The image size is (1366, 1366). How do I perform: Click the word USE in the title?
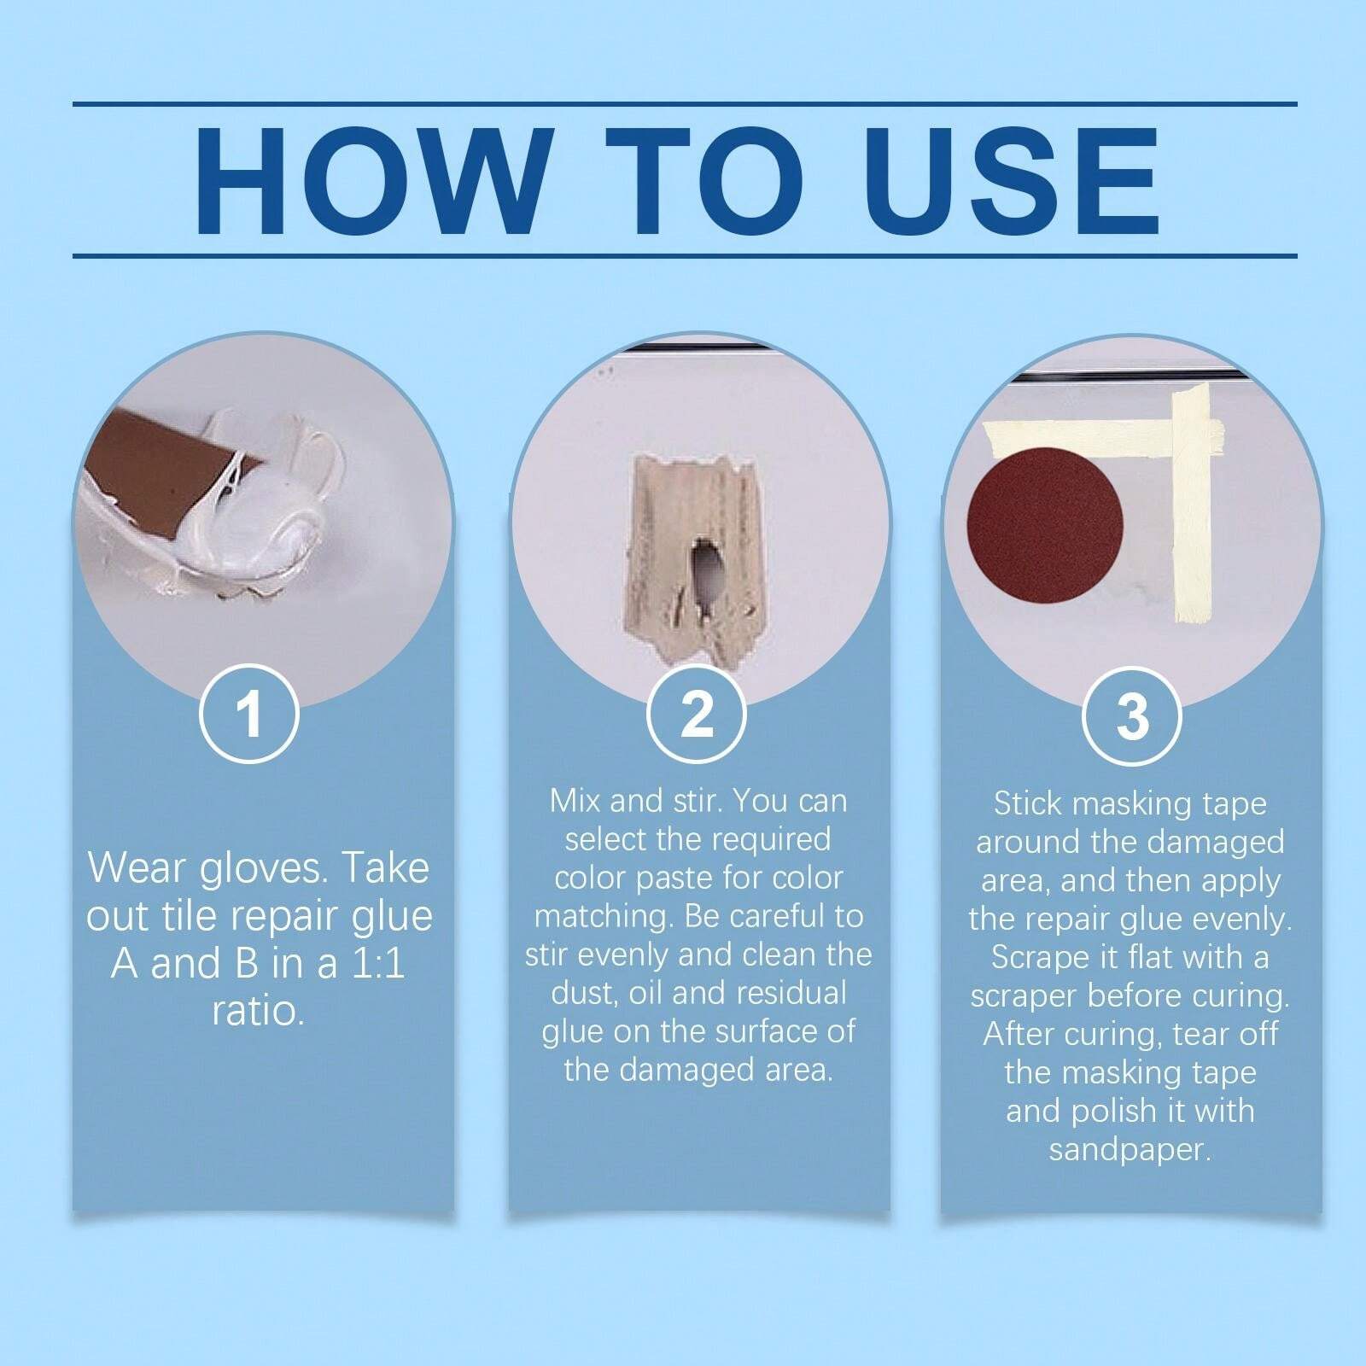coord(1016,181)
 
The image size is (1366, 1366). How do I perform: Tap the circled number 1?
coord(248,713)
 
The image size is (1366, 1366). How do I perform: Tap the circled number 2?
coord(696,713)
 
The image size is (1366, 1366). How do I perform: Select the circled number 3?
coord(1131,715)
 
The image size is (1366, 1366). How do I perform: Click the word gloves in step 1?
coord(260,868)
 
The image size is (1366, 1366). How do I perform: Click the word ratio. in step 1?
coord(258,1012)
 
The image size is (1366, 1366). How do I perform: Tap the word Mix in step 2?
coord(575,801)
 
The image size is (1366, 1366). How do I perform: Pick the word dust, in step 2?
coord(584,993)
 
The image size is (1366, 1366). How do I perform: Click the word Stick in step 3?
coord(1026,803)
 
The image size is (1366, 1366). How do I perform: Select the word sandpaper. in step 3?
coord(1130,1149)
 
